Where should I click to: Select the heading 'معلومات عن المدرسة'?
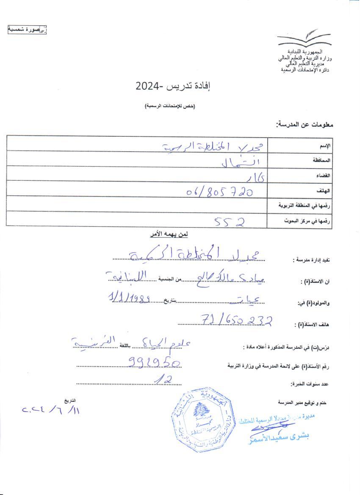(305, 125)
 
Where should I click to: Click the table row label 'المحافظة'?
(322, 160)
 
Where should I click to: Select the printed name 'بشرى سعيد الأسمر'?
(280, 438)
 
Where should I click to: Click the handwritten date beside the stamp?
(51, 410)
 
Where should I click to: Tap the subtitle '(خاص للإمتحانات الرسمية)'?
(169, 105)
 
